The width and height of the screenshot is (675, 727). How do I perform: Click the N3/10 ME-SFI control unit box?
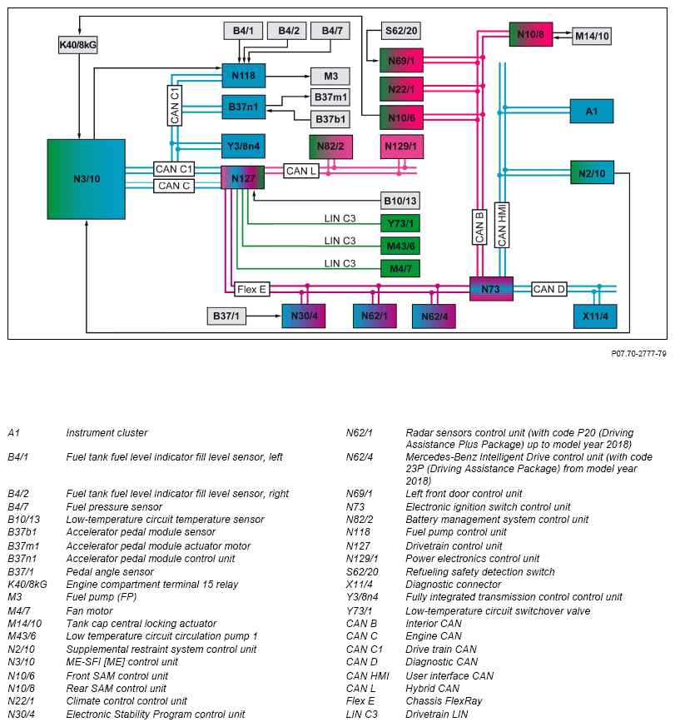tap(86, 178)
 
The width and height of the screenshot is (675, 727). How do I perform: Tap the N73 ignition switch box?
tap(491, 289)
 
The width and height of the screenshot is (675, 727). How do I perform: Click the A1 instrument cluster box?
tap(591, 111)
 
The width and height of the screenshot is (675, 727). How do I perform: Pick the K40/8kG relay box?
tap(77, 45)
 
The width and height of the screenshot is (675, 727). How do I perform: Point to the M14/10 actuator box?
tap(593, 36)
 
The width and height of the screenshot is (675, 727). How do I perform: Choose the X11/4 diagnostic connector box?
tap(595, 316)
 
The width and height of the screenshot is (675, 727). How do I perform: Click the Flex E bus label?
tap(252, 290)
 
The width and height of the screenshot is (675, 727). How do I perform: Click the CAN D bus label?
tap(549, 290)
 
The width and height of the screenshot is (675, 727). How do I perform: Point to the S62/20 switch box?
tap(401, 32)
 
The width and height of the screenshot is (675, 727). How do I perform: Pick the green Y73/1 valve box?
tap(400, 223)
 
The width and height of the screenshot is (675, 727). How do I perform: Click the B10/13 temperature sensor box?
tap(400, 201)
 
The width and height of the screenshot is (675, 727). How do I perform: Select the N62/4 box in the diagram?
tap(434, 316)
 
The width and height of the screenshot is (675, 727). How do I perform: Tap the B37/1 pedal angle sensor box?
tap(226, 316)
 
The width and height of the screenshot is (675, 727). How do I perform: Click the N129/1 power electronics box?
tap(400, 147)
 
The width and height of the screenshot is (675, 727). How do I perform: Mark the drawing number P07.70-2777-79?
tap(638, 354)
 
